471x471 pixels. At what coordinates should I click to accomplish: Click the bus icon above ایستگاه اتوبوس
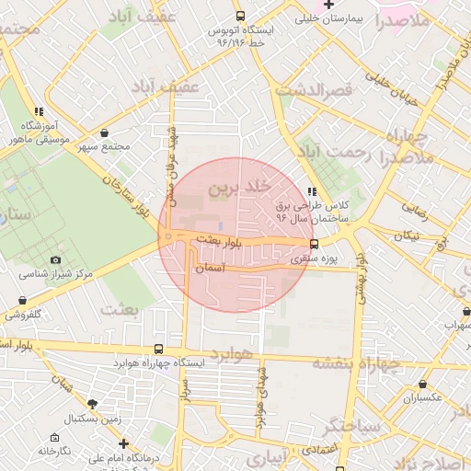pyautogui.click(x=240, y=16)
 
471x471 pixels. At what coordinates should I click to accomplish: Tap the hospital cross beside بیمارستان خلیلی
pyautogui.click(x=328, y=5)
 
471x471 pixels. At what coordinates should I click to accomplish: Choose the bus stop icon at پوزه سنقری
pyautogui.click(x=315, y=245)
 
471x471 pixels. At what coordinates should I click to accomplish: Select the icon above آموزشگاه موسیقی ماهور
pyautogui.click(x=38, y=111)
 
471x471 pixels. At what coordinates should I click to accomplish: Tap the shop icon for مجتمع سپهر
pyautogui.click(x=103, y=133)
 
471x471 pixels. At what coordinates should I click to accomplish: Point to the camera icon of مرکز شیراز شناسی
pyautogui.click(x=55, y=261)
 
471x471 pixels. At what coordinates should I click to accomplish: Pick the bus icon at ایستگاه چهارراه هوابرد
pyautogui.click(x=159, y=349)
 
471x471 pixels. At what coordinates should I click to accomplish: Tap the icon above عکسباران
pyautogui.click(x=422, y=385)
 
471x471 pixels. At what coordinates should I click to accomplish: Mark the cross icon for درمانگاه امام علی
pyautogui.click(x=123, y=443)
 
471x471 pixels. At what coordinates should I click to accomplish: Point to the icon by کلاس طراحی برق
pyautogui.click(x=311, y=191)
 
